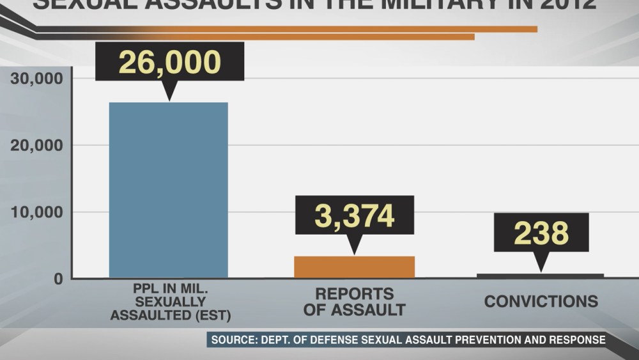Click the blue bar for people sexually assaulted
tap(168, 190)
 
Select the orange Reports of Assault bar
tap(354, 267)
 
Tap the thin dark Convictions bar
tap(540, 276)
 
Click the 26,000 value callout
tap(169, 62)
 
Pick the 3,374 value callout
tap(354, 215)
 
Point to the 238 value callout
tap(541, 233)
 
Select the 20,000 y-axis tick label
tap(36, 145)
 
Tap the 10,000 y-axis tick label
tap(36, 212)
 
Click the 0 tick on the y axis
tap(58, 279)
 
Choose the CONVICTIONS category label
tap(541, 301)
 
